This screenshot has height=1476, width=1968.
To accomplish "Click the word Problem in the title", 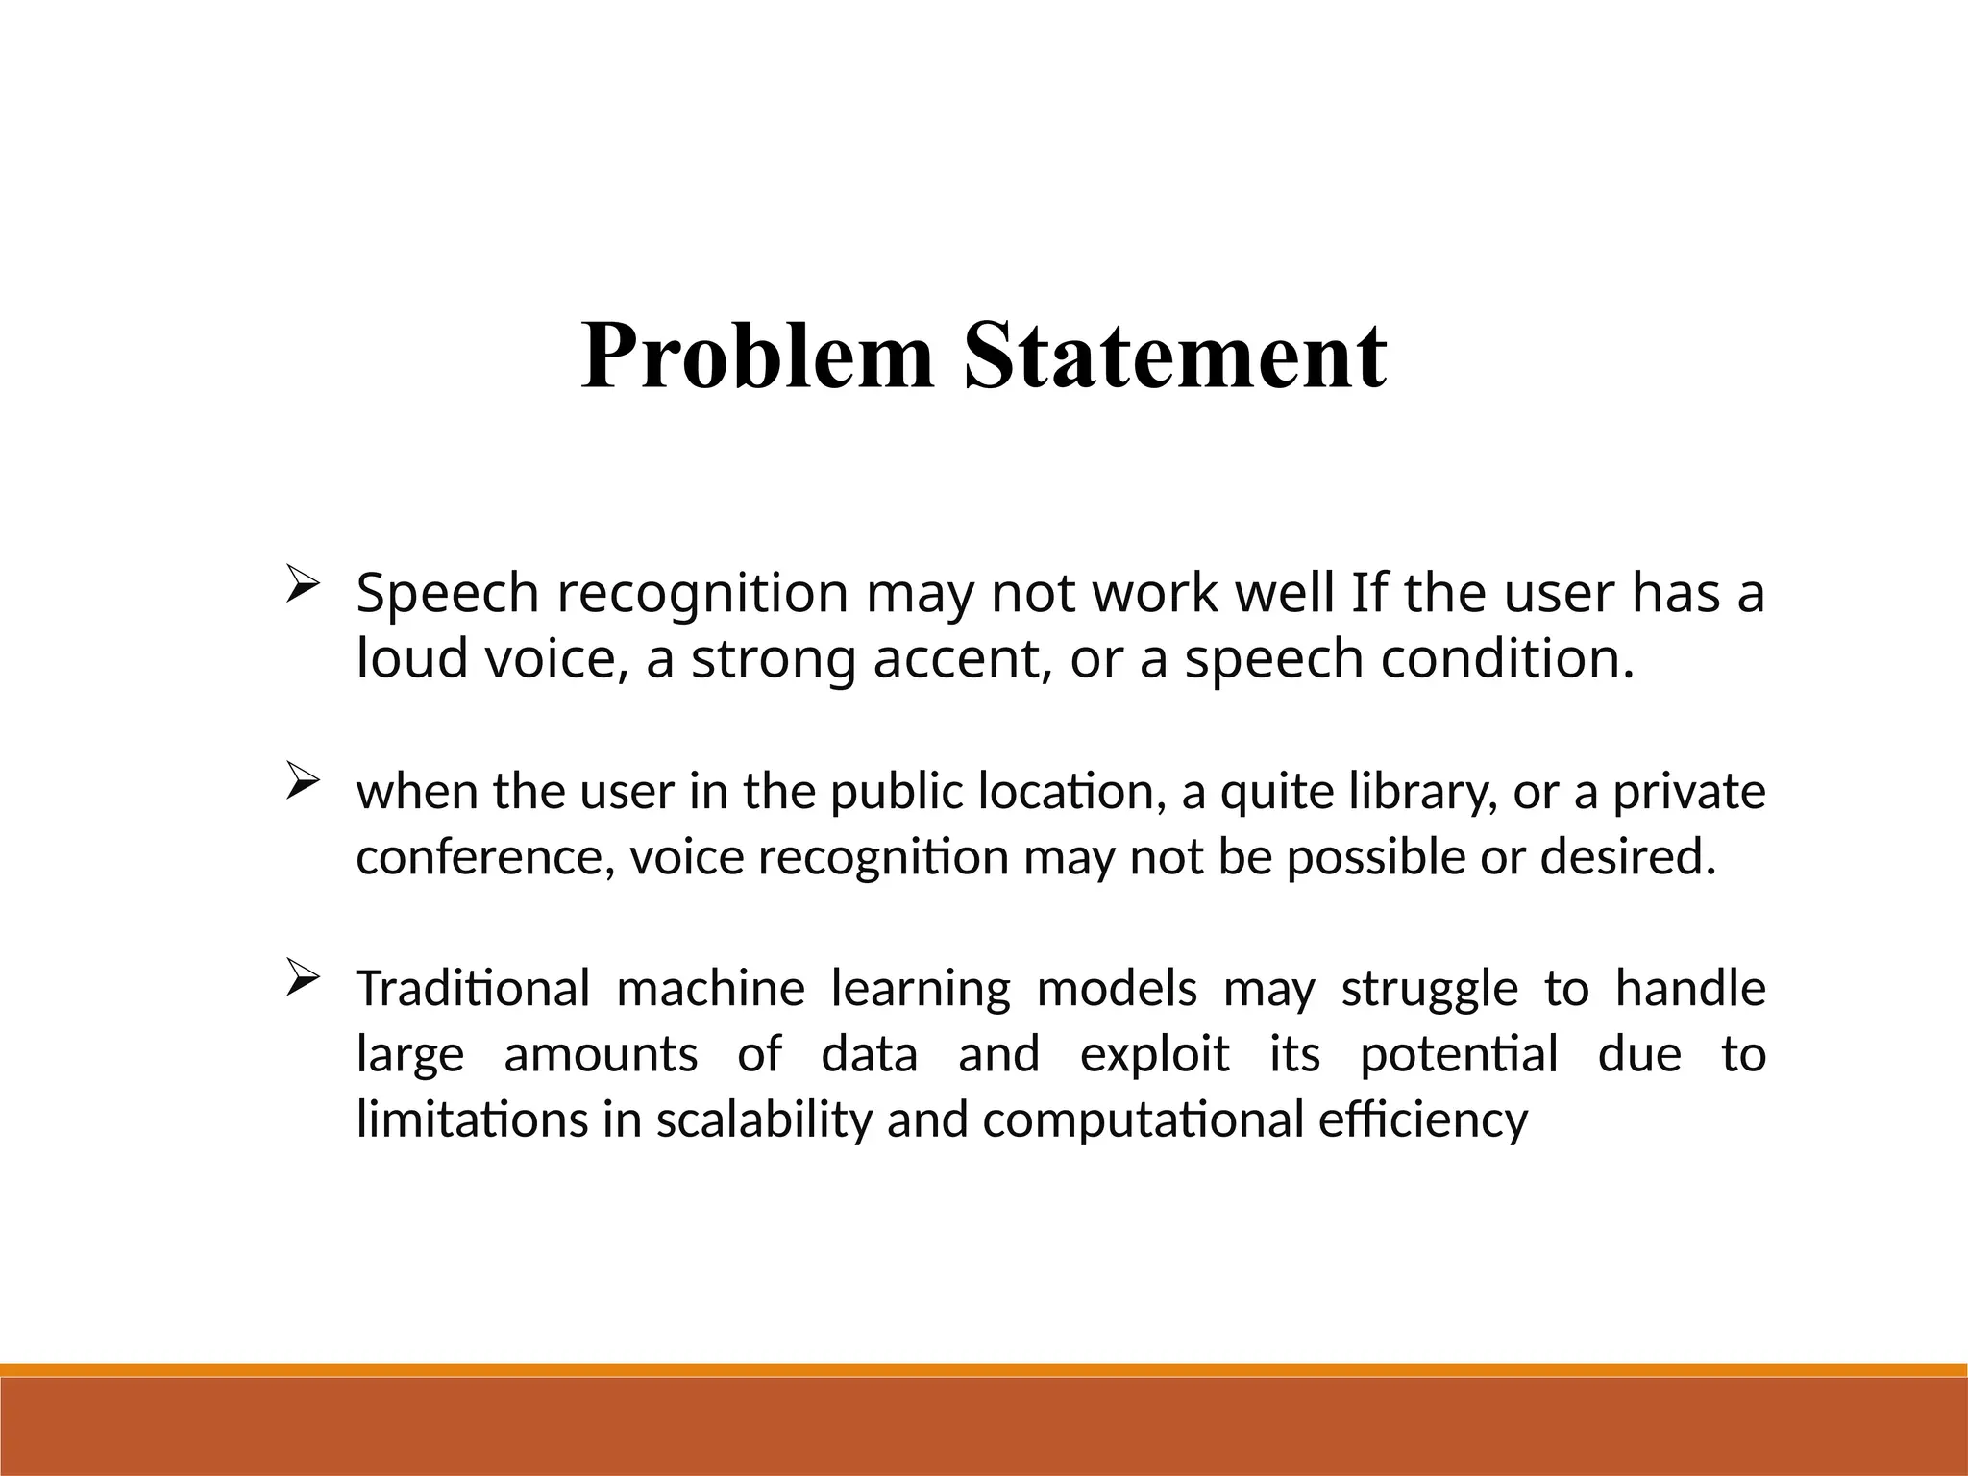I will pyautogui.click(x=757, y=357).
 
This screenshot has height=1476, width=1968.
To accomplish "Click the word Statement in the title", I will pyautogui.click(x=1174, y=357).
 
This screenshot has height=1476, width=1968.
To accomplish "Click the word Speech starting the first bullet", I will pyautogui.click(x=447, y=594).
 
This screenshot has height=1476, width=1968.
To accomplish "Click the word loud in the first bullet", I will pyautogui.click(x=410, y=659).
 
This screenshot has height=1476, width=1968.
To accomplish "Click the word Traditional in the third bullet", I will pyautogui.click(x=472, y=989).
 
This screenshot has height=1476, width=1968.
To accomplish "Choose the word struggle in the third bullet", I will pyautogui.click(x=1429, y=989).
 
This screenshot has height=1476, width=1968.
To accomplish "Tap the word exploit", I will pyautogui.click(x=1154, y=1054).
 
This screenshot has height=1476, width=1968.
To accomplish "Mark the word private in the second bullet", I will pyautogui.click(x=1688, y=792).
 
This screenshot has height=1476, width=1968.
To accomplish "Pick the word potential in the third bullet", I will pyautogui.click(x=1458, y=1054).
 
